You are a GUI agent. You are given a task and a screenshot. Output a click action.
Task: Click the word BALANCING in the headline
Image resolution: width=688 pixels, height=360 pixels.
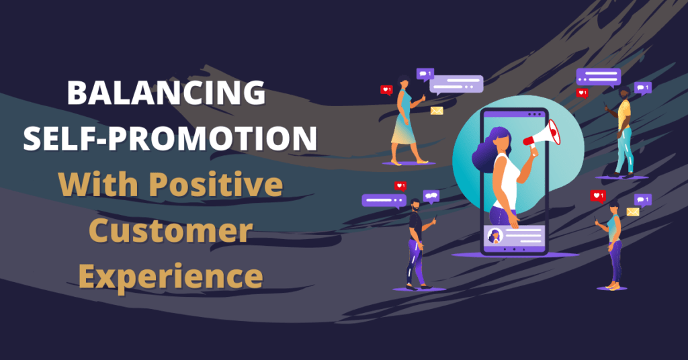pyautogui.click(x=167, y=93)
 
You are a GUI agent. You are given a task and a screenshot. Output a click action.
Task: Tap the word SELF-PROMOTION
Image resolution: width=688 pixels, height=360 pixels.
pyautogui.click(x=170, y=138)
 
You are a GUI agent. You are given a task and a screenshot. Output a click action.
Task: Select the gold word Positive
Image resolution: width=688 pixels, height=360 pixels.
pyautogui.click(x=216, y=185)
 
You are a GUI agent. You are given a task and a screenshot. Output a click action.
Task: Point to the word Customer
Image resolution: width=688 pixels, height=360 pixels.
pyautogui.click(x=171, y=230)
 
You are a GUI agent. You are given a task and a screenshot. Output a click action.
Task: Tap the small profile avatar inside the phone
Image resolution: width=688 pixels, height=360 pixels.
pyautogui.click(x=495, y=236)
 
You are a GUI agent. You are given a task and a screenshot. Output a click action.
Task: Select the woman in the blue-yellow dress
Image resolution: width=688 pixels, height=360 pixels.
pyautogui.click(x=406, y=120)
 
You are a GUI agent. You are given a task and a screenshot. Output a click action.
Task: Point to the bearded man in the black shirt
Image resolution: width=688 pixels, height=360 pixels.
pyautogui.click(x=418, y=243)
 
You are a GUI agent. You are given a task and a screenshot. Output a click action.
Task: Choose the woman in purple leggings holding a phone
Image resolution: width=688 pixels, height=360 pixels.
pyautogui.click(x=613, y=246)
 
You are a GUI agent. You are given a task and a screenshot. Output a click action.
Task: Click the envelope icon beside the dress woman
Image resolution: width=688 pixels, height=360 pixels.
pyautogui.click(x=437, y=111)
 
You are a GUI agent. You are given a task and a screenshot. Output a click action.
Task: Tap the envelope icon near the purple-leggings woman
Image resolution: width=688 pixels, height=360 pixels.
pyautogui.click(x=633, y=212)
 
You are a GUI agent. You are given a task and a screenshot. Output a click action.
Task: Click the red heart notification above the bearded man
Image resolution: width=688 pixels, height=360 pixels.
pyautogui.click(x=400, y=186)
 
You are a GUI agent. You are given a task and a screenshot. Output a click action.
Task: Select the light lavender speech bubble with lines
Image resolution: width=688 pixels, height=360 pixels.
pyautogui.click(x=456, y=84)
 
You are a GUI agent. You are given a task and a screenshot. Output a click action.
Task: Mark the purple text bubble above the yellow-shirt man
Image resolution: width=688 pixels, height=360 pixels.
pyautogui.click(x=599, y=77)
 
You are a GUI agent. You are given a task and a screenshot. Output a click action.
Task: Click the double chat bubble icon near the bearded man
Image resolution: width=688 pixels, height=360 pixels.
pyautogui.click(x=431, y=196)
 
